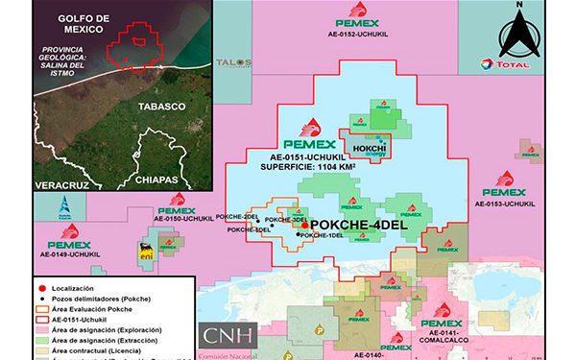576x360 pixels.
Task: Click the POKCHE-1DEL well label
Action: pos(322,236)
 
